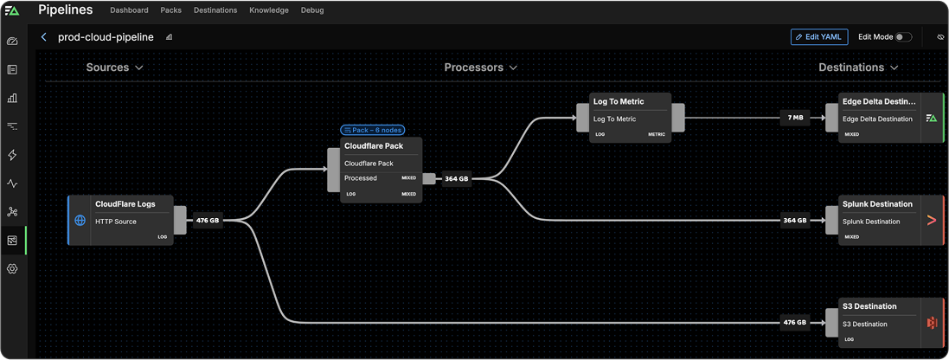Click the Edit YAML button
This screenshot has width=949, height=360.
(818, 37)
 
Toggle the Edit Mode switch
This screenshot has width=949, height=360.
(903, 37)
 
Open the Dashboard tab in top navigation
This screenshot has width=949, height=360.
(128, 10)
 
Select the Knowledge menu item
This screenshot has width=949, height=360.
(269, 10)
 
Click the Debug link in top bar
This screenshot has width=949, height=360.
(311, 10)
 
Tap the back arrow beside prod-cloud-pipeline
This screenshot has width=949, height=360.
(44, 37)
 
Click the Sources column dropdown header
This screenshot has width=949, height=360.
(114, 67)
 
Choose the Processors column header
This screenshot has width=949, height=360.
(480, 67)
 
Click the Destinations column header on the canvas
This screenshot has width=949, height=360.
(858, 67)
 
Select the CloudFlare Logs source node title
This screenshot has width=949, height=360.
(125, 204)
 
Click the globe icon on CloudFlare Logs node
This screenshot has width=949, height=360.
(80, 221)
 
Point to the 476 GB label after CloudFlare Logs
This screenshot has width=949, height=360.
(207, 221)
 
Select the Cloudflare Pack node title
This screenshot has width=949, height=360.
(374, 146)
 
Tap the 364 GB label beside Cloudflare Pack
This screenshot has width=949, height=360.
(456, 178)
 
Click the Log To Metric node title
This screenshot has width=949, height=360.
(619, 102)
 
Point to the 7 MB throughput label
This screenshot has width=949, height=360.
(795, 118)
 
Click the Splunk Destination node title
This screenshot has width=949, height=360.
(877, 204)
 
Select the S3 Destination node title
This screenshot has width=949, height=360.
(869, 306)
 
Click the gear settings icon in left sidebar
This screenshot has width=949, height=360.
(12, 268)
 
